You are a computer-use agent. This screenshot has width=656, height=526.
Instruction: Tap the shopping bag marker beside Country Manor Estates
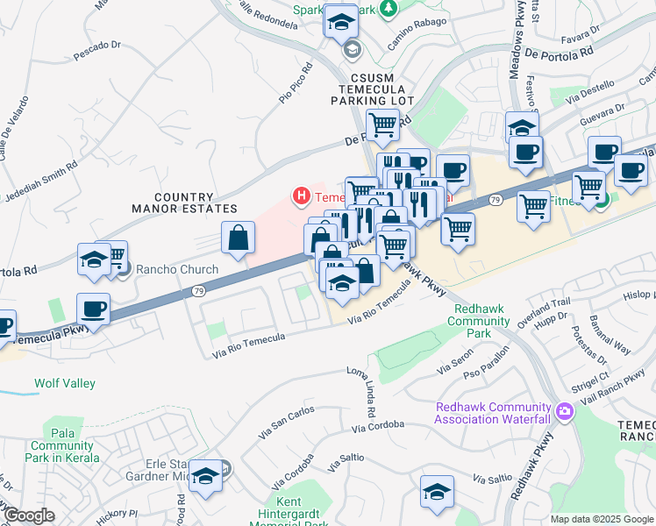coord(239,238)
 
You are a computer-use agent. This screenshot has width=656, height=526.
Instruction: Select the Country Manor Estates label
coord(184,203)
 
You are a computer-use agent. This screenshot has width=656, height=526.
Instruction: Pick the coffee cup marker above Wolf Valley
coord(93,309)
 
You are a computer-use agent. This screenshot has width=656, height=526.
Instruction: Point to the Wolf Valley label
coord(65,383)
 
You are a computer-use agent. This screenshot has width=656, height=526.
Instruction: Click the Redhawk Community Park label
coord(478,316)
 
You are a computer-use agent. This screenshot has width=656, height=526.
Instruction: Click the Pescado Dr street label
coord(96,49)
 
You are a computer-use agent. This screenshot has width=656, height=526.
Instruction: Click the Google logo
coord(29,515)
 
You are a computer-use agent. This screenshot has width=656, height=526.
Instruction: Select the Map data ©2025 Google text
coord(602,519)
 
